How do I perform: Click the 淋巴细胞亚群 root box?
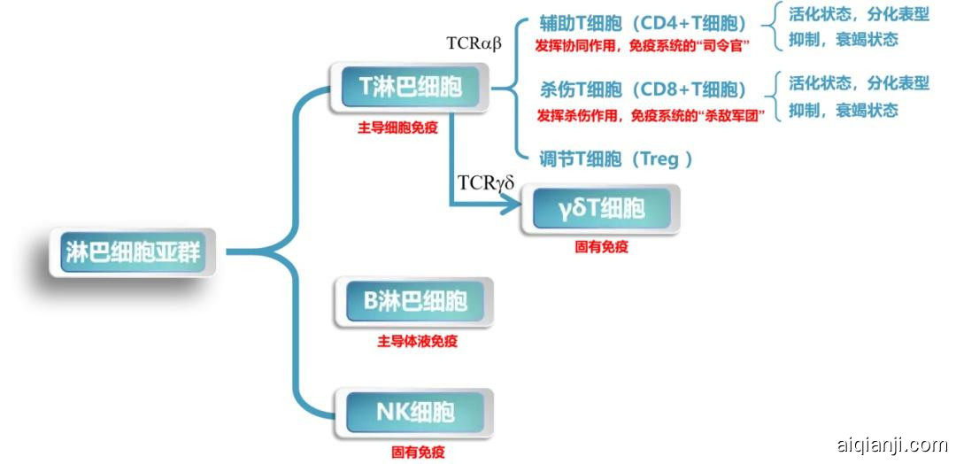[133, 252]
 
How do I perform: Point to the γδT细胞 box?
[601, 210]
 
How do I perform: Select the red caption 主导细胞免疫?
[397, 127]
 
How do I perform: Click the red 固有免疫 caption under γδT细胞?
[601, 248]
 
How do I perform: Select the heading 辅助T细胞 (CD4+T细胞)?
[643, 22]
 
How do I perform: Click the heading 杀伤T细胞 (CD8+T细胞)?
[643, 90]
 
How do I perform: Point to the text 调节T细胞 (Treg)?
[616, 159]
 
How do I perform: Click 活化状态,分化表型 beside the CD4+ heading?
[859, 15]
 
